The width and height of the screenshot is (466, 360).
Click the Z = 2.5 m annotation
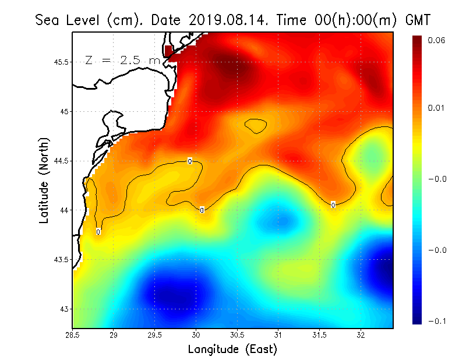point(122,60)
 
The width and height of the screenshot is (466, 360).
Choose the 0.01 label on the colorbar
point(437,108)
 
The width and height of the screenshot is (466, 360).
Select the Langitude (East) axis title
point(232,350)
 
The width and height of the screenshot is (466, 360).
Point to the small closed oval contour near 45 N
point(256,126)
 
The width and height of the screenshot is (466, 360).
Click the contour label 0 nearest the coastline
point(98,232)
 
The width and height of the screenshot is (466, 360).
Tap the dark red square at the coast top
point(169,51)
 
